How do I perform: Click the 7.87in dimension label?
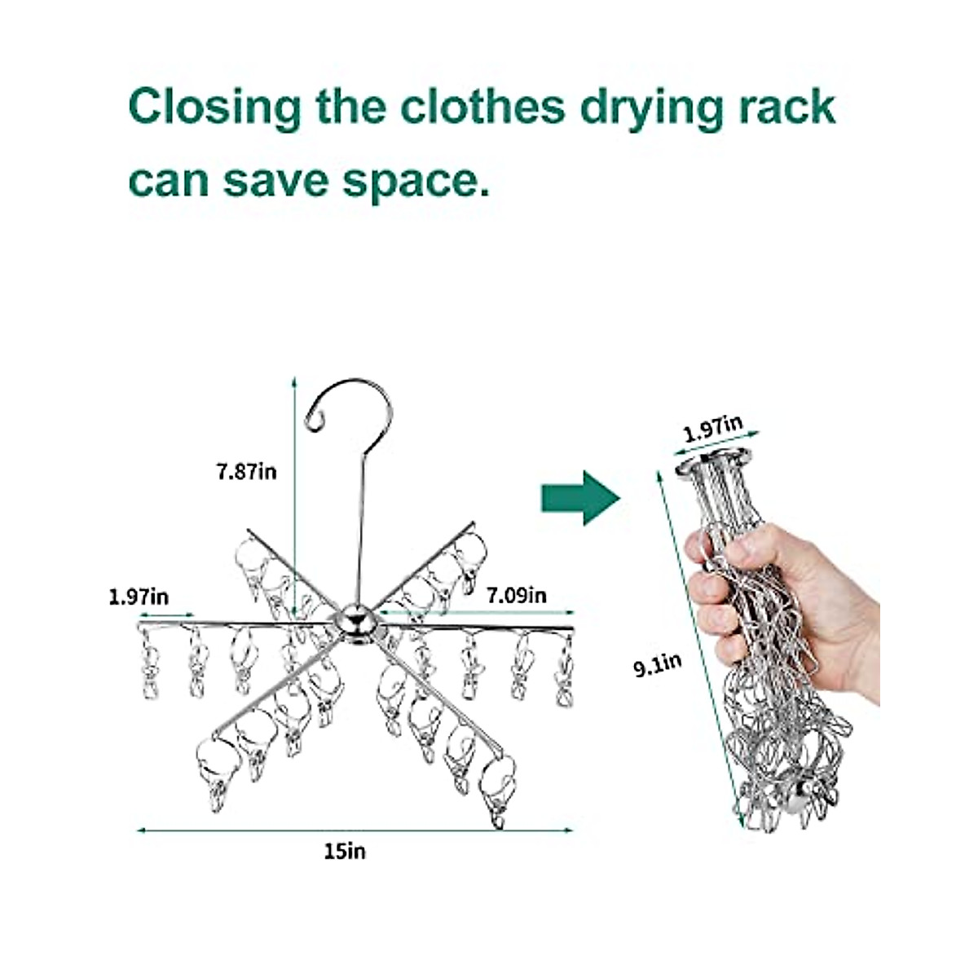(x=246, y=471)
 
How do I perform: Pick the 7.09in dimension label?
(x=517, y=596)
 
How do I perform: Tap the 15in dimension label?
(x=345, y=851)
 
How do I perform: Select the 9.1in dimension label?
(x=658, y=666)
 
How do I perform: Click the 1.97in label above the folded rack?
(x=713, y=428)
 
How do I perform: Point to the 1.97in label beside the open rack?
(x=139, y=597)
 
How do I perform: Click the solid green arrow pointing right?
(x=580, y=496)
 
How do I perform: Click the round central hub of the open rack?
(x=356, y=623)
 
